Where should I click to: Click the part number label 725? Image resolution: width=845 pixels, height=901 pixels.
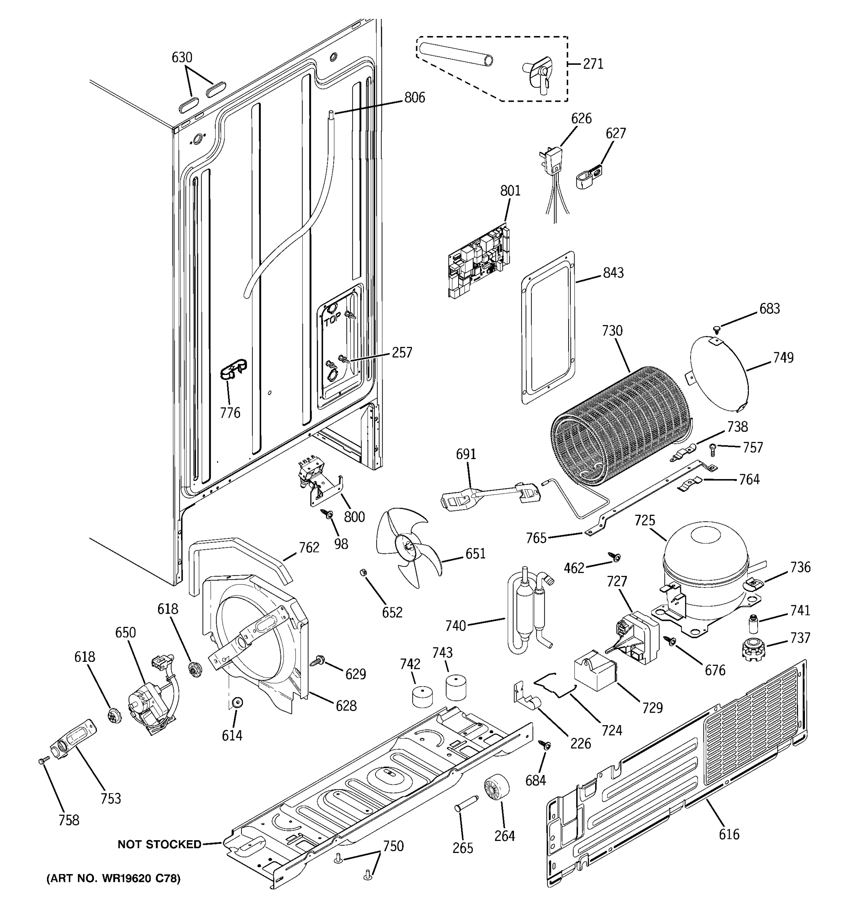click(644, 520)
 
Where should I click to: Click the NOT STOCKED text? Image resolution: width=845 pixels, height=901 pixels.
click(159, 844)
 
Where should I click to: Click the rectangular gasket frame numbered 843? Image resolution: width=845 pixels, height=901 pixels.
click(549, 328)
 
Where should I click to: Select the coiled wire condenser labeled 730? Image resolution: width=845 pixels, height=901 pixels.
click(621, 426)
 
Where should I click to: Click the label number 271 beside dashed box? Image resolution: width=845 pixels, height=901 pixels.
click(593, 64)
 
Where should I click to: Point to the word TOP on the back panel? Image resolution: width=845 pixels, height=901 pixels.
click(332, 321)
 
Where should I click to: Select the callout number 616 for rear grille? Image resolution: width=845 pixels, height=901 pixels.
click(729, 834)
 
